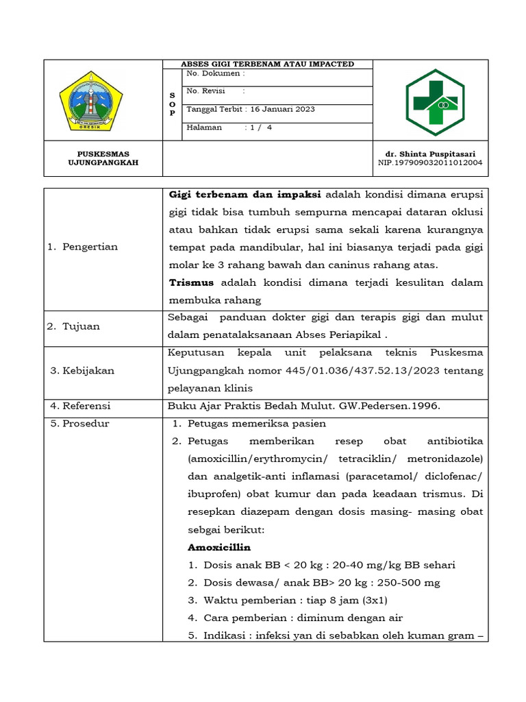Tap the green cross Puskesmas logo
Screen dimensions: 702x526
tap(434, 101)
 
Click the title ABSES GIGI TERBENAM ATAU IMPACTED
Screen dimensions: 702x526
tap(267, 64)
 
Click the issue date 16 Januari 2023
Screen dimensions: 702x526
tap(282, 109)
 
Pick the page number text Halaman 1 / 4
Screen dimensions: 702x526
tap(229, 127)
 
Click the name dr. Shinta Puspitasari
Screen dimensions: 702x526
tap(430, 154)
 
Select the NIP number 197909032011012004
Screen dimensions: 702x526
tap(430, 163)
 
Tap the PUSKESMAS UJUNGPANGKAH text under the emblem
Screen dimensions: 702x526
tap(103, 158)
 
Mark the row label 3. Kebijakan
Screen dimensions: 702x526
tap(83, 371)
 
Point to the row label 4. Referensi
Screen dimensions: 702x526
tap(80, 406)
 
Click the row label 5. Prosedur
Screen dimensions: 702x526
tap(79, 424)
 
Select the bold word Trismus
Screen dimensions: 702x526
tap(191, 282)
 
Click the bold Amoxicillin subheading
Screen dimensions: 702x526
tap(219, 547)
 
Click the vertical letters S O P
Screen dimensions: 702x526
tap(172, 104)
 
